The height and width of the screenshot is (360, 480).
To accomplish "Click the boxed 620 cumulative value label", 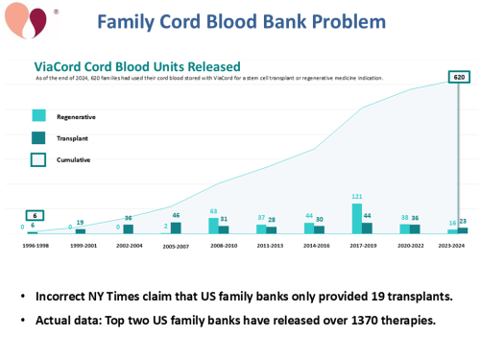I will tap(461, 75).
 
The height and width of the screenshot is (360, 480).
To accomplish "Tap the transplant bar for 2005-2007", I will tap(177, 228).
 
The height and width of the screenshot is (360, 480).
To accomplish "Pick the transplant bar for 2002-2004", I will tap(129, 228).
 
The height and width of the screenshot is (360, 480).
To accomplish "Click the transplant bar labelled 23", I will tap(463, 230).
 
